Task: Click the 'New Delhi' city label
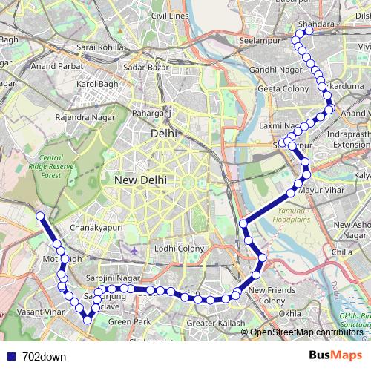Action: (x=140, y=180)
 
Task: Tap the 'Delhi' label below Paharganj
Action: (x=162, y=134)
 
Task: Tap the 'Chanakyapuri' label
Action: (x=95, y=227)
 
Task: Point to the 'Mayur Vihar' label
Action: (x=318, y=191)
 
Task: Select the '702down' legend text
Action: (x=44, y=356)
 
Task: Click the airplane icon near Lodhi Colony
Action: (x=133, y=251)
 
